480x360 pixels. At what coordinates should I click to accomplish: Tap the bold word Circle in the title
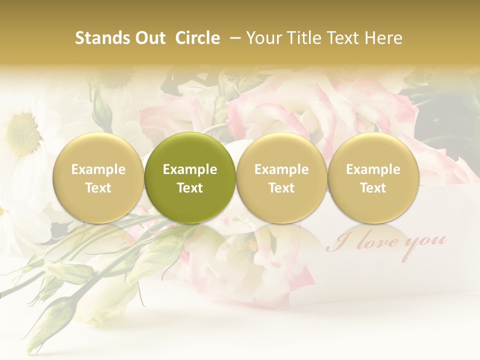pos(196,38)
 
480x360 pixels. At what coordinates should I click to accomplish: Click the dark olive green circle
pos(190,178)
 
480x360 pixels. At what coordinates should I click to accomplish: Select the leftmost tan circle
pos(98,178)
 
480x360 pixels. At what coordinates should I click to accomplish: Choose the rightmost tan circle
pos(373,178)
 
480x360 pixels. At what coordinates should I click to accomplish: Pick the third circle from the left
pos(281,178)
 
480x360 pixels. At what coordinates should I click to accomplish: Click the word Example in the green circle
pos(190,169)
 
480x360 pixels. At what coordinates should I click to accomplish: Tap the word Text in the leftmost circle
pos(98,188)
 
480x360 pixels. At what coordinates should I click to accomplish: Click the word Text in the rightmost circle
pos(373,188)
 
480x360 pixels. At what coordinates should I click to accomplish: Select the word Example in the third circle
pos(281,169)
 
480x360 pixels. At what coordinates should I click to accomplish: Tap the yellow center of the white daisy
pos(22,133)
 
